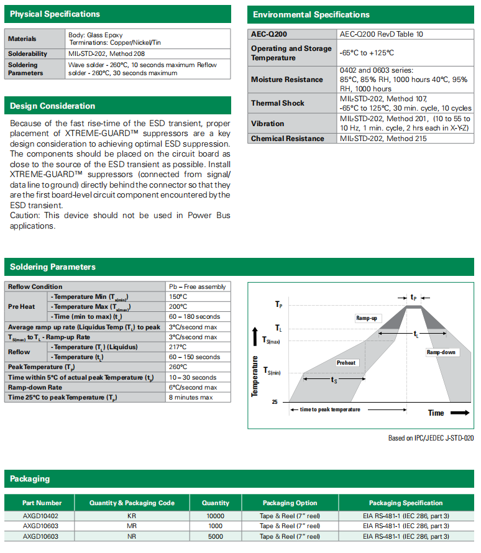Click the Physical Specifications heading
pyautogui.click(x=55, y=14)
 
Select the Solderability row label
pyautogui.click(x=27, y=54)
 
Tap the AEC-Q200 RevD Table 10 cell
pyautogui.click(x=381, y=34)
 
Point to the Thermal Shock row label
pyautogui.click(x=278, y=103)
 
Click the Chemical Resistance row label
pyautogui.click(x=288, y=139)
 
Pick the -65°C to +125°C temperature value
pyautogui.click(x=367, y=53)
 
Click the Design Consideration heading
pyautogui.click(x=52, y=106)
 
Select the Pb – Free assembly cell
pyautogui.click(x=197, y=287)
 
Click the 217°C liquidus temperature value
pyautogui.click(x=178, y=347)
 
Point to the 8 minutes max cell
pyautogui.click(x=191, y=397)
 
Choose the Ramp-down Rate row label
pyautogui.click(x=35, y=387)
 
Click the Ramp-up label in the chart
pyautogui.click(x=367, y=318)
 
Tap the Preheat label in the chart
pyautogui.click(x=346, y=362)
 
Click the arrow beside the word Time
pyautogui.click(x=460, y=413)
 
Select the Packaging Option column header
pyautogui.click(x=290, y=503)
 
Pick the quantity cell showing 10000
pyautogui.click(x=216, y=516)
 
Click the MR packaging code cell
pyautogui.click(x=132, y=526)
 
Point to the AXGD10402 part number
pyautogui.click(x=40, y=516)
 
